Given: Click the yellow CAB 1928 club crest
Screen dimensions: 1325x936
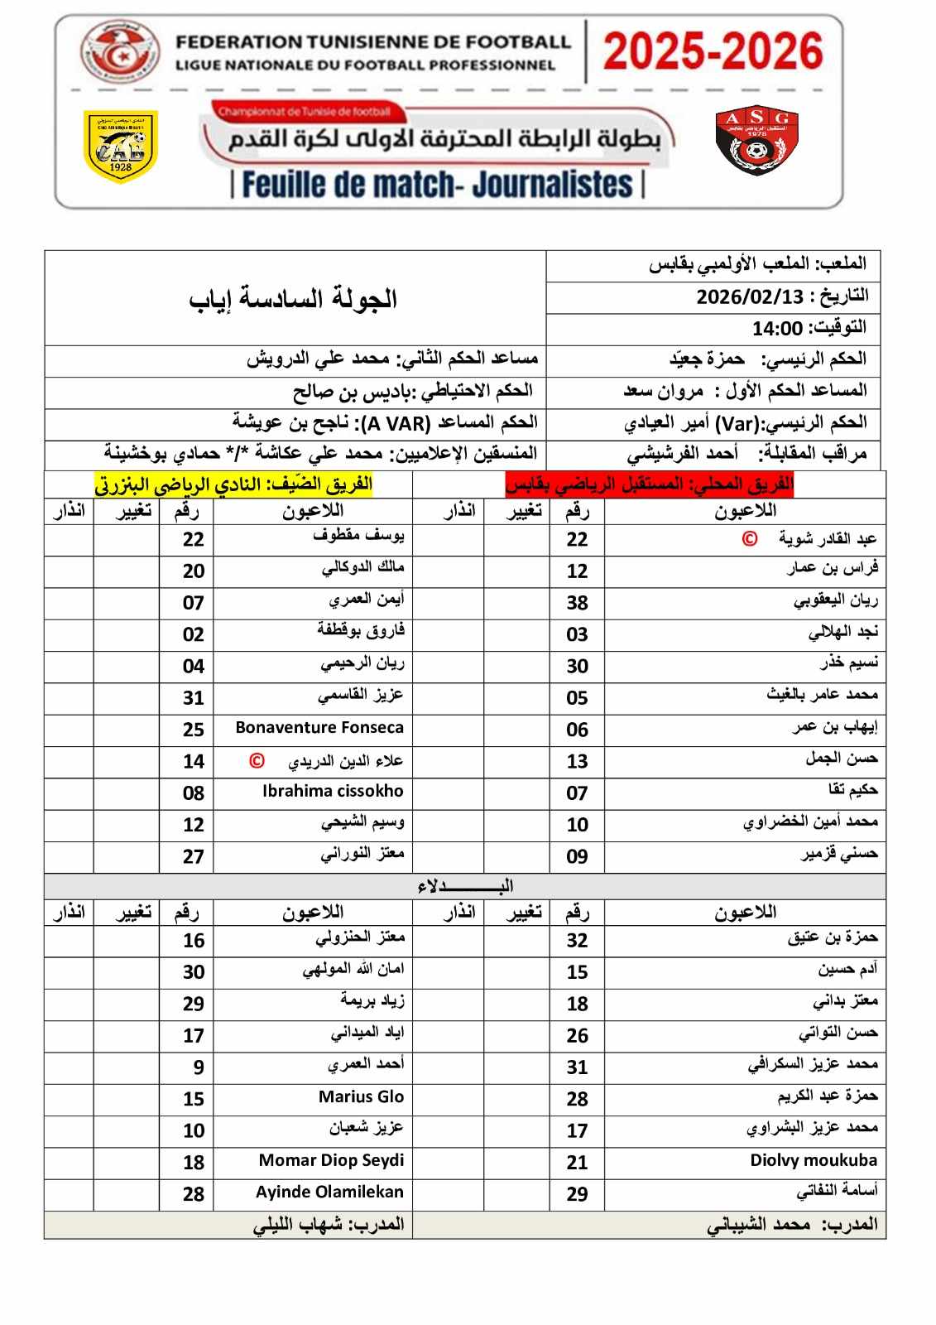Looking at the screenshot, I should (121, 147).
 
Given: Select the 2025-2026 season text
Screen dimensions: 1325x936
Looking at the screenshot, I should (713, 51).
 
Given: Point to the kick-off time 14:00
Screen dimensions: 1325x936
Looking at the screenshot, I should (777, 329).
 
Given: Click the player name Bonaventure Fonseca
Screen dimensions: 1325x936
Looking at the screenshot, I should (319, 728).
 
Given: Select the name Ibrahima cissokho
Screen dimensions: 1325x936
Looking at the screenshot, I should (333, 791).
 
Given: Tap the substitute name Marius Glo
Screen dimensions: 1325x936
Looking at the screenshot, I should (361, 1097).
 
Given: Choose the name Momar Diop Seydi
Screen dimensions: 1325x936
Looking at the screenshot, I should (331, 1160).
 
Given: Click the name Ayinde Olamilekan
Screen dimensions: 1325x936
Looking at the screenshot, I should (329, 1192).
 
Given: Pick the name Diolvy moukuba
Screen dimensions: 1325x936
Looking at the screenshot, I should (814, 1160).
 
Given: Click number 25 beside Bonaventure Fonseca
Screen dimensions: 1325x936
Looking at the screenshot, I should (193, 730).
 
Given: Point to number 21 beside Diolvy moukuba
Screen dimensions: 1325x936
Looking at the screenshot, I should (577, 1163).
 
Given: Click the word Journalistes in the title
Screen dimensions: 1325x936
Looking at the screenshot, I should (552, 184).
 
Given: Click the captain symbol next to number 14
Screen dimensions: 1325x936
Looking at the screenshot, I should (257, 760).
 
